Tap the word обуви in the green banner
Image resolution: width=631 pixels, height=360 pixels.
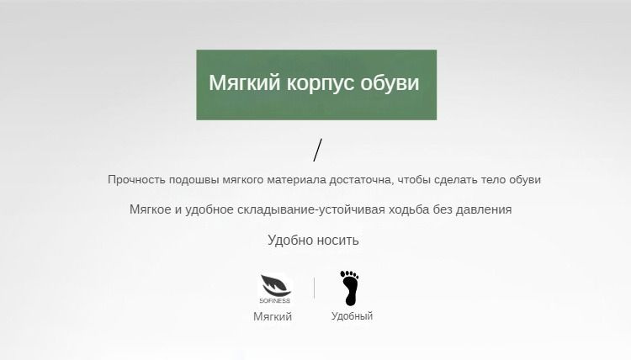click(390, 82)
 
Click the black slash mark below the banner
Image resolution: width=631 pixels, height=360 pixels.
click(318, 150)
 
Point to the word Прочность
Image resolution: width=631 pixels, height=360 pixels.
click(136, 180)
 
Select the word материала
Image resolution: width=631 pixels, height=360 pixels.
click(296, 180)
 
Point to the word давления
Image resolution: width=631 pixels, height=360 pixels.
click(483, 210)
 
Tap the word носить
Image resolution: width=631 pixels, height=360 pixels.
click(337, 240)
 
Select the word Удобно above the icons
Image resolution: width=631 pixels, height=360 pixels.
click(289, 240)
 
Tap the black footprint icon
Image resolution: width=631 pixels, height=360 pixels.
click(349, 288)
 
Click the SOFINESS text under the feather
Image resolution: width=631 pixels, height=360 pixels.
click(275, 301)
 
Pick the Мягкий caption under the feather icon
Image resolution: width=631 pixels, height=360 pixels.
click(273, 316)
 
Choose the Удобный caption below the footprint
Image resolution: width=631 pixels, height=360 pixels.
click(353, 316)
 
